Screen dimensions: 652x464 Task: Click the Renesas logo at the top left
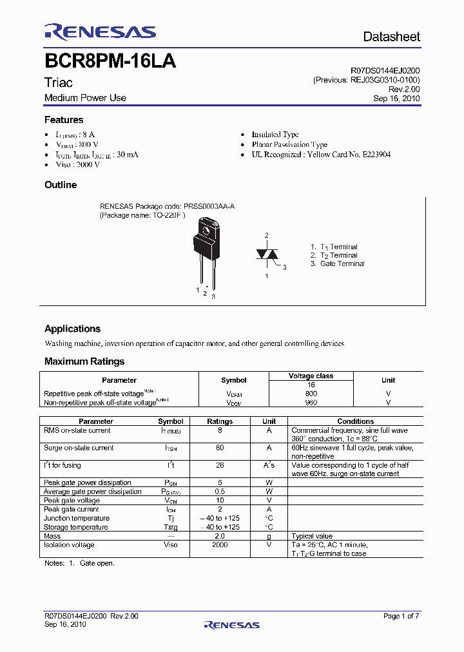click(100, 32)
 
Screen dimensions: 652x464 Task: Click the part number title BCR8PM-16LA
click(110, 62)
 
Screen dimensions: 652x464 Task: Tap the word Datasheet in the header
click(391, 37)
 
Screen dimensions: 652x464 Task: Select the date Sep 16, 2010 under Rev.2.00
click(396, 99)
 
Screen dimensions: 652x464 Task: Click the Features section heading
click(64, 120)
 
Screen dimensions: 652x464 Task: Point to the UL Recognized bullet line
click(321, 155)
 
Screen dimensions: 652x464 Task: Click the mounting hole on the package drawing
click(207, 229)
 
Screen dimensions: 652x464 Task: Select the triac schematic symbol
click(267, 254)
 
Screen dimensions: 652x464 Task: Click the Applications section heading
click(72, 329)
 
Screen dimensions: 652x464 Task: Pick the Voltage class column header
click(311, 376)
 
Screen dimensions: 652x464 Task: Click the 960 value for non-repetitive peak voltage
click(311, 403)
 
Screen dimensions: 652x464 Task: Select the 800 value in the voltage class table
click(311, 394)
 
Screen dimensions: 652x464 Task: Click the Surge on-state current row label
click(79, 448)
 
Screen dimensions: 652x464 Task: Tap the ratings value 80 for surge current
click(220, 448)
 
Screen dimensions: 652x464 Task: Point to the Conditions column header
click(355, 421)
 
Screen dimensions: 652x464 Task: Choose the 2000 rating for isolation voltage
click(220, 545)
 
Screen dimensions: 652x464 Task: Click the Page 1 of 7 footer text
click(401, 617)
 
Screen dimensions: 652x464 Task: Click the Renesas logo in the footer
click(231, 624)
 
